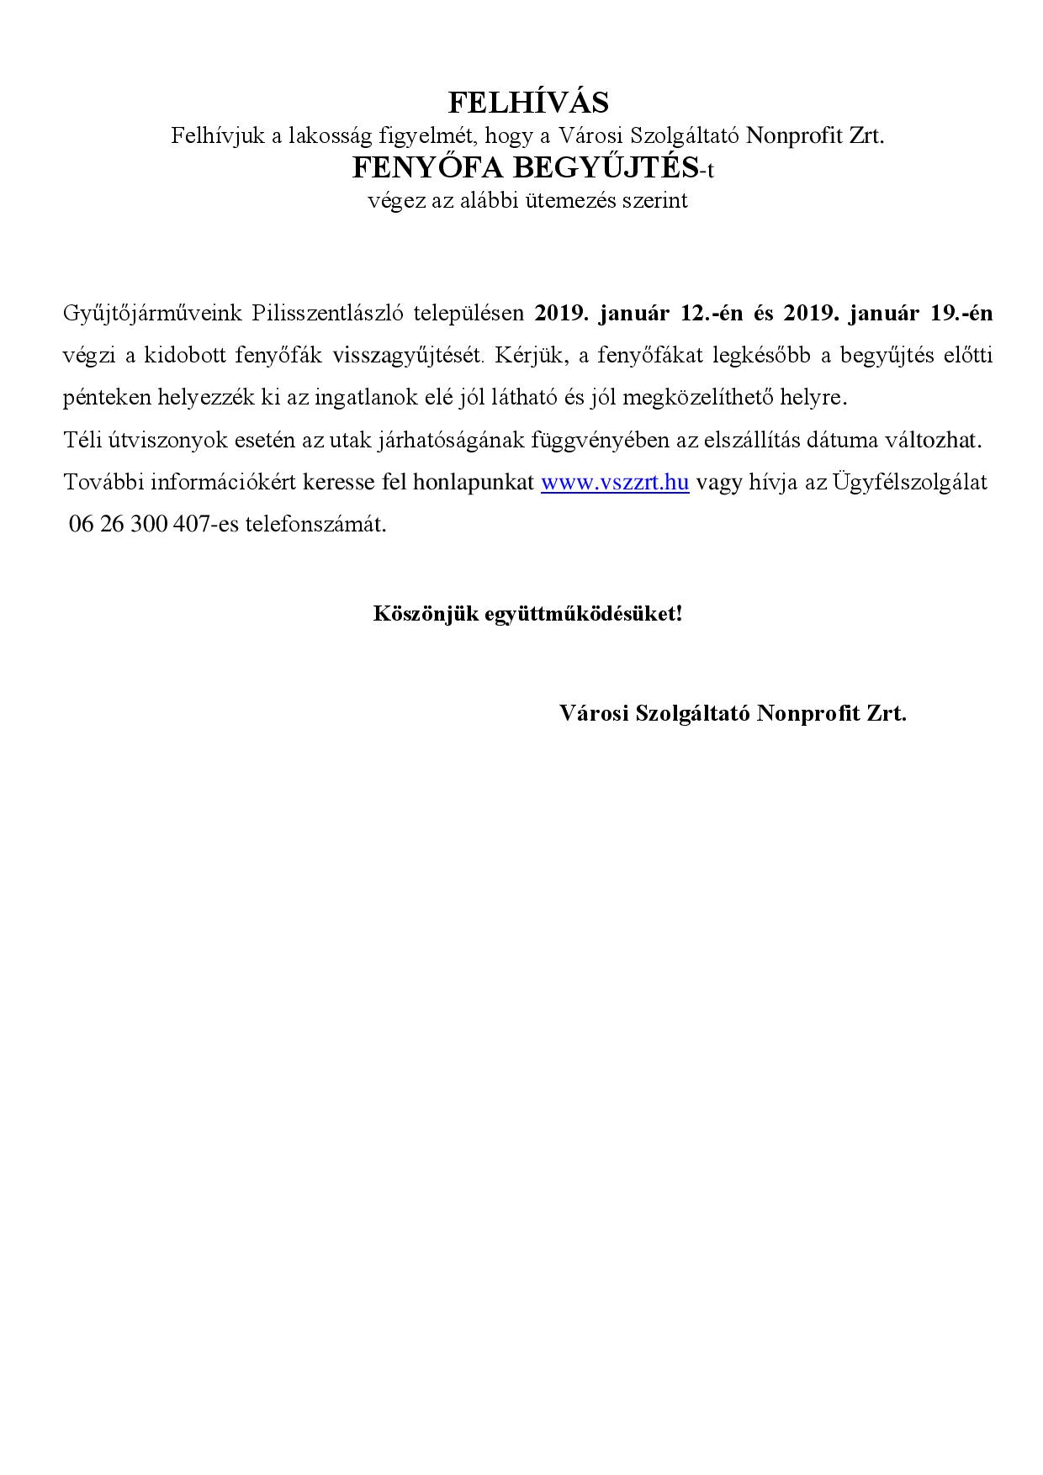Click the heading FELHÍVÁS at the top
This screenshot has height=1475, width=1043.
pos(527,103)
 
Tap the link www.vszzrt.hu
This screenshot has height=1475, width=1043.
pos(615,483)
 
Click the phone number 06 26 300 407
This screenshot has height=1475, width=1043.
pos(137,525)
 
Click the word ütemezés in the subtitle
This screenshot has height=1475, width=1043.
pos(566,201)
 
